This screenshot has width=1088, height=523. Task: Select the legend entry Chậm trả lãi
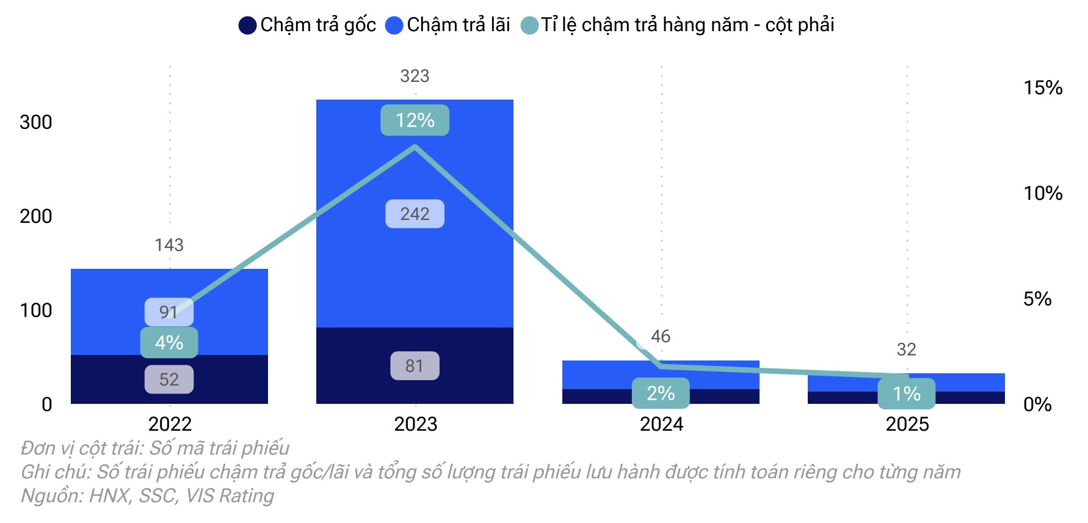click(x=448, y=25)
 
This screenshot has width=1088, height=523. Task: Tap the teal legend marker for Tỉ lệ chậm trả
click(x=529, y=26)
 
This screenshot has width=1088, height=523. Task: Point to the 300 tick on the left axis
click(x=36, y=122)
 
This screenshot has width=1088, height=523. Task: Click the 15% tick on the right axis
click(x=1043, y=88)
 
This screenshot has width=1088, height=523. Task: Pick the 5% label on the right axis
click(x=1037, y=299)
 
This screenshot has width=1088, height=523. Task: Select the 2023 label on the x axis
click(x=415, y=424)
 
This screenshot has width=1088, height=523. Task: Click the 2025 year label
click(x=907, y=424)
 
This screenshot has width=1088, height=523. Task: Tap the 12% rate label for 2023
click(x=415, y=120)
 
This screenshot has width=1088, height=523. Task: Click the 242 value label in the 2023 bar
click(x=415, y=214)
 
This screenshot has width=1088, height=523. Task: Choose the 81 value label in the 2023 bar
click(x=415, y=365)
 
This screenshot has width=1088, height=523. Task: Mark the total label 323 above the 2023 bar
click(x=415, y=76)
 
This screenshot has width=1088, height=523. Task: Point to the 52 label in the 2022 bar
click(x=169, y=379)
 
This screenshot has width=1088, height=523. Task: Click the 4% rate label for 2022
click(x=169, y=343)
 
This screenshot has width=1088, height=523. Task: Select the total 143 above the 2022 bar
click(x=169, y=245)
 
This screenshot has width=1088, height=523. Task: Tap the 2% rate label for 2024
click(x=660, y=393)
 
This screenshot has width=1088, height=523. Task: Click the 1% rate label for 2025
click(x=906, y=394)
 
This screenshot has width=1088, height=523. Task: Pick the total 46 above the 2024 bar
click(x=661, y=337)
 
